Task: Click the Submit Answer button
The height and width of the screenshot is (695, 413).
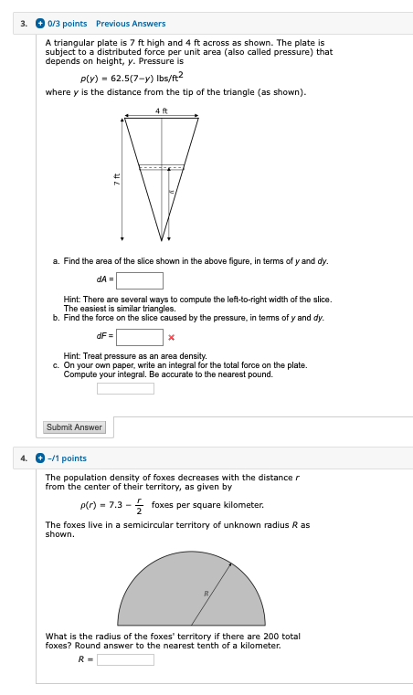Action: pyautogui.click(x=75, y=427)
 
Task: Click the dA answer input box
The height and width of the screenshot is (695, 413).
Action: pyautogui.click(x=139, y=280)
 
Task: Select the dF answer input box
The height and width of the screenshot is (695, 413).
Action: pyautogui.click(x=139, y=337)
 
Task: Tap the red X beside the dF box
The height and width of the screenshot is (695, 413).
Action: pyautogui.click(x=171, y=338)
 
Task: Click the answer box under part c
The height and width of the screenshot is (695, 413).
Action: pyautogui.click(x=125, y=388)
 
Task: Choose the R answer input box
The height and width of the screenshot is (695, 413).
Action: pyautogui.click(x=125, y=659)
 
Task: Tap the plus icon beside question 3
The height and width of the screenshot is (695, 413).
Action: pyautogui.click(x=39, y=24)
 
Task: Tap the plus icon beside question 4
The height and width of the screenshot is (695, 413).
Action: pyautogui.click(x=39, y=458)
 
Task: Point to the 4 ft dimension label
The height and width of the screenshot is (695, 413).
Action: pyautogui.click(x=162, y=111)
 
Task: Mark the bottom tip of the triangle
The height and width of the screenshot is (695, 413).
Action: pyautogui.click(x=162, y=239)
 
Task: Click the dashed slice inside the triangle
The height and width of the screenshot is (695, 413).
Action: pyautogui.click(x=162, y=167)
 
